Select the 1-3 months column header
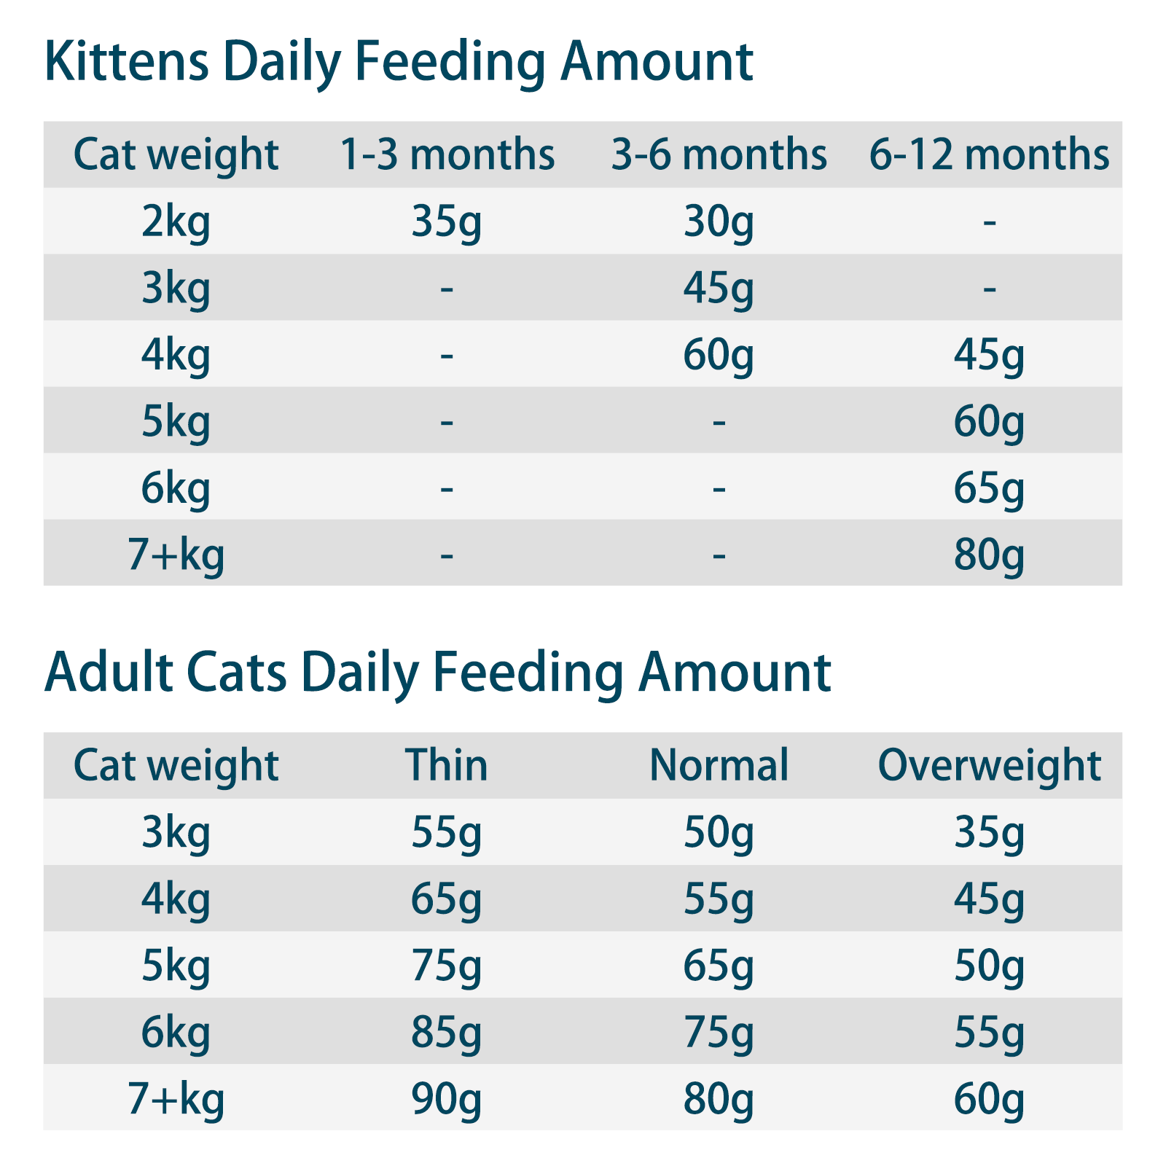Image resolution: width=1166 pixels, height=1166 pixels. (447, 154)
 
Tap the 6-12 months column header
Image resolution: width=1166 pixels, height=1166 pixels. (989, 154)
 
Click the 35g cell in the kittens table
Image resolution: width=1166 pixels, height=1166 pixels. (447, 222)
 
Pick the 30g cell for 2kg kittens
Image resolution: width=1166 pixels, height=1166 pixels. (719, 222)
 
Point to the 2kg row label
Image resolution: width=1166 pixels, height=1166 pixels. (176, 222)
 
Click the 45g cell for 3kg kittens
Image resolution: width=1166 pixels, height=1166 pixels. (719, 288)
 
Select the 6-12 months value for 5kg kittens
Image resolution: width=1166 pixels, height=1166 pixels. (989, 421)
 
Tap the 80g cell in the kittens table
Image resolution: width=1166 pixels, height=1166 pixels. (989, 554)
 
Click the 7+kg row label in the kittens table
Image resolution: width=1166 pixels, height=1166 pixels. (176, 554)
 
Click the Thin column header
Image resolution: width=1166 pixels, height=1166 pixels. (447, 765)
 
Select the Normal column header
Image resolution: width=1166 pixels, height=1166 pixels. (719, 765)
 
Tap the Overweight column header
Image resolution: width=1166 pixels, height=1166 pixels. (989, 765)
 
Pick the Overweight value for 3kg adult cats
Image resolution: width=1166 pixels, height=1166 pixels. (989, 832)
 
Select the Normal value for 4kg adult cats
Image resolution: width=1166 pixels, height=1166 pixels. (719, 899)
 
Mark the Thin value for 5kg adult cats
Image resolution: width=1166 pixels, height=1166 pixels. (447, 966)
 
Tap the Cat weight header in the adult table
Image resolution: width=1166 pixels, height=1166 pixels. (176, 765)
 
